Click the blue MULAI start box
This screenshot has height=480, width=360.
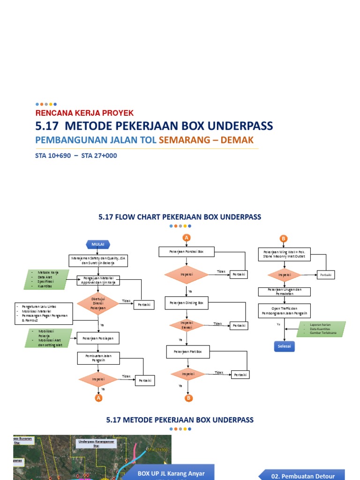98,244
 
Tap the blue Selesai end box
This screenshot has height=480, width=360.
285,346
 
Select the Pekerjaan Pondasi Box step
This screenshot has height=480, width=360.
186,252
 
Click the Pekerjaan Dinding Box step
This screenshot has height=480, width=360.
186,303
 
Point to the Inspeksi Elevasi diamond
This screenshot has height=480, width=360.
187,324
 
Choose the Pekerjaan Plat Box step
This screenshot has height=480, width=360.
187,351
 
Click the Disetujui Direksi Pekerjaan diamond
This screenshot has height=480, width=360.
98,304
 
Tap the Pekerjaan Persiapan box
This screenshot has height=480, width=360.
98,337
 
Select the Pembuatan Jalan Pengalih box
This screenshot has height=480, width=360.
98,358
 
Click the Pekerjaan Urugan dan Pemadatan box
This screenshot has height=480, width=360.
285,292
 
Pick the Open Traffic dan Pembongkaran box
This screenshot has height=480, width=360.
285,310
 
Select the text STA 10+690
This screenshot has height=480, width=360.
51,156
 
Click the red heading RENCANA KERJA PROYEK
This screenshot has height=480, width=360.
85,113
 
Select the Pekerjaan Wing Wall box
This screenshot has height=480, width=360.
285,255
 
